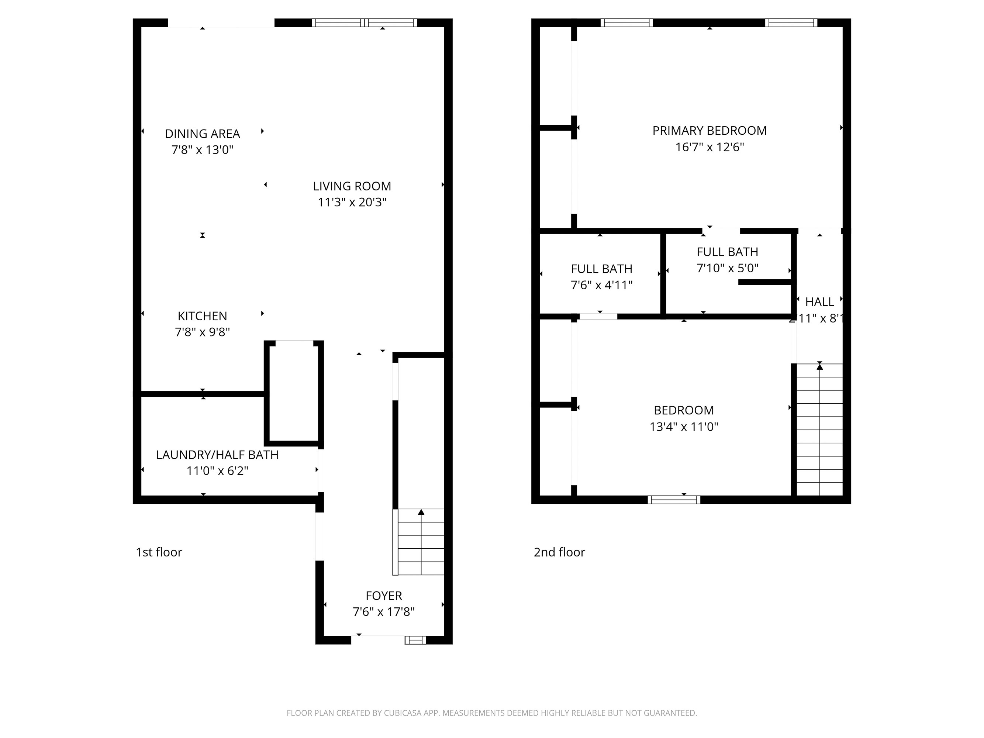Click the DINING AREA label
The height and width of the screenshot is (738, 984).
pos(203,134)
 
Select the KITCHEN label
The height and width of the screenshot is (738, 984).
pos(203,316)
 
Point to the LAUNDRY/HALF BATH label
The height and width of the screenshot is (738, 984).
pos(217,455)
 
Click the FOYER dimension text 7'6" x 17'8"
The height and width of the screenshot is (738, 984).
pos(383,612)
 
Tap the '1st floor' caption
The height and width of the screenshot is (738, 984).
pos(159,552)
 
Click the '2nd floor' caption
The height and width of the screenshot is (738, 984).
pos(559,552)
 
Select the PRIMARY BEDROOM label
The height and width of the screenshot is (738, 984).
pos(709,130)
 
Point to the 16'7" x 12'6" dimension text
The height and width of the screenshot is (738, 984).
pos(709,147)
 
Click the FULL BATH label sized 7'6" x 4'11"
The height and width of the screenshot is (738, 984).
pos(601,269)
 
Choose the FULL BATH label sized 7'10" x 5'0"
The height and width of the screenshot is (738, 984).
pos(727,252)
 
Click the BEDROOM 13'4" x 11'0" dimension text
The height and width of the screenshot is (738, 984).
pos(684,427)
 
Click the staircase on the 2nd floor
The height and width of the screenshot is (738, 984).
pos(819,429)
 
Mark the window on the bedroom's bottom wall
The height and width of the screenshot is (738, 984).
pos(674,500)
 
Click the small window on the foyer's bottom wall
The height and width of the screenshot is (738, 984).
pos(415,640)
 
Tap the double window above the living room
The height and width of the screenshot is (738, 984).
pos(364,23)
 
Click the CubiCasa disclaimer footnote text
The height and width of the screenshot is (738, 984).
pos(491,713)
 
